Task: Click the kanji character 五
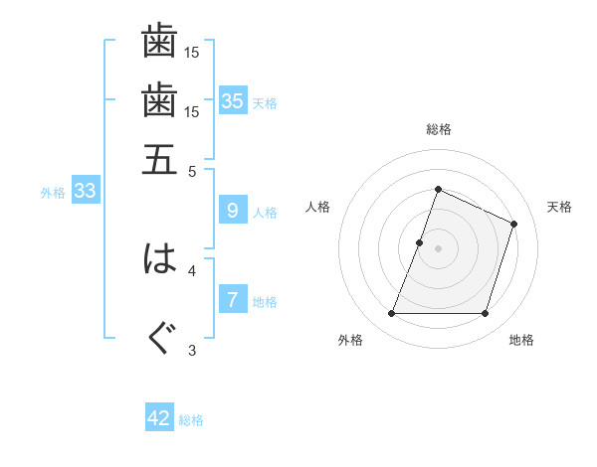[x=159, y=158]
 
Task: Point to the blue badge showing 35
[x=233, y=101]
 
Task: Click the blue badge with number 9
[x=233, y=211]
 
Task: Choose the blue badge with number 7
[x=233, y=300]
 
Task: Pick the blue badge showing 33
[x=85, y=192]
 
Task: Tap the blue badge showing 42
[x=159, y=418]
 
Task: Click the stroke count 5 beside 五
[x=192, y=170]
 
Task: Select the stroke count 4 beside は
[x=192, y=269]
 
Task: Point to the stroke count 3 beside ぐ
[x=192, y=350]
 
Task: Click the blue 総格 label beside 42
[x=191, y=420]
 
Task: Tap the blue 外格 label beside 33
[x=53, y=193]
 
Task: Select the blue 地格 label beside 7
[x=265, y=302]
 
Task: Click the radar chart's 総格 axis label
[x=438, y=129]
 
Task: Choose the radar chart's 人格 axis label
[x=317, y=207]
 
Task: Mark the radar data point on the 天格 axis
[x=514, y=224]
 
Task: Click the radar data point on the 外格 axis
[x=391, y=314]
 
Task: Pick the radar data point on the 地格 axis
[x=486, y=314]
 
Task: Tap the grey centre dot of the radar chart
[x=438, y=247]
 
